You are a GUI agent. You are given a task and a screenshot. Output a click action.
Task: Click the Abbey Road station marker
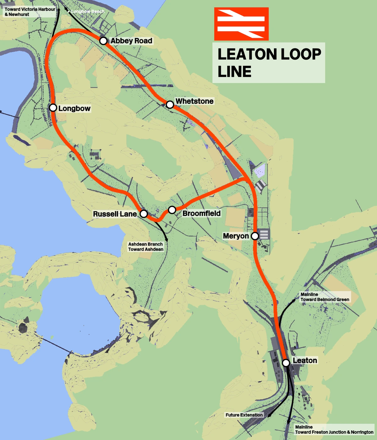(103, 41)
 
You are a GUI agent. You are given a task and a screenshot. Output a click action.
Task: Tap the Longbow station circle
(53, 108)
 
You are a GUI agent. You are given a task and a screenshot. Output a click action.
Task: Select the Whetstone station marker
(170, 104)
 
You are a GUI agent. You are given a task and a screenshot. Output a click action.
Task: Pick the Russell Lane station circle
(144, 214)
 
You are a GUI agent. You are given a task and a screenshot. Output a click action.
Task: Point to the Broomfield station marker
(172, 210)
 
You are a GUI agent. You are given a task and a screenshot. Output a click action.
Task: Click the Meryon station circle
(255, 236)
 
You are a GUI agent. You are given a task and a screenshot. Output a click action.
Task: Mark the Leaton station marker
(286, 363)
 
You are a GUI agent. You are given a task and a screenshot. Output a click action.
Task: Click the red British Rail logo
(241, 24)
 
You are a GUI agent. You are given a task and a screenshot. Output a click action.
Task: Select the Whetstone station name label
(194, 101)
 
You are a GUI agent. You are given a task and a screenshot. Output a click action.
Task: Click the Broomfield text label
(201, 213)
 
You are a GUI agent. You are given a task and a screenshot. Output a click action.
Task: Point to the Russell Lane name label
(115, 214)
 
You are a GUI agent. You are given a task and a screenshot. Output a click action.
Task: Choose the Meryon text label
(236, 236)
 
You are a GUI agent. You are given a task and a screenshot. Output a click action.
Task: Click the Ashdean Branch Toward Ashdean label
(146, 247)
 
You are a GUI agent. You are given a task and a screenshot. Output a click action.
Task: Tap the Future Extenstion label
(244, 415)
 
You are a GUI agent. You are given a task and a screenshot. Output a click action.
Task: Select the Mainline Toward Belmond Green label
(325, 297)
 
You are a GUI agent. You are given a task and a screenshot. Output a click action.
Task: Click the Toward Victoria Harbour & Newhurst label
(30, 12)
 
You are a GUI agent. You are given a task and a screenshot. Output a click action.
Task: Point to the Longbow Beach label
(87, 11)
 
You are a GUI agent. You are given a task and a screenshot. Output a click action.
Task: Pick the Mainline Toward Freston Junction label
(334, 429)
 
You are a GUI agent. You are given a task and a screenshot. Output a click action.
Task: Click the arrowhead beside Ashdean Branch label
(167, 240)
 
